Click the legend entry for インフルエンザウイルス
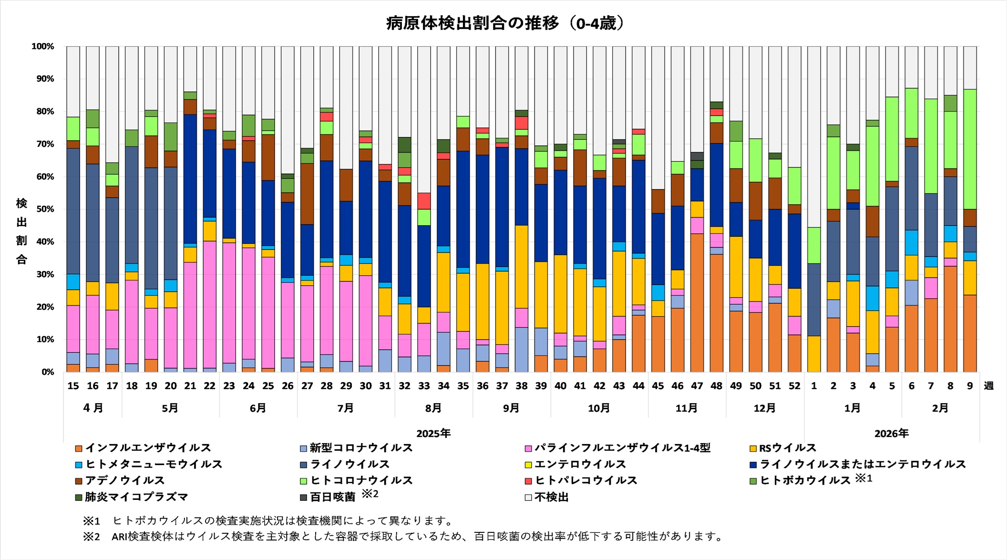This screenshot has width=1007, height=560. tap(148, 448)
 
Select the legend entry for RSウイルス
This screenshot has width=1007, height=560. tap(787, 448)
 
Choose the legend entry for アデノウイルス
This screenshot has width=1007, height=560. tap(124, 480)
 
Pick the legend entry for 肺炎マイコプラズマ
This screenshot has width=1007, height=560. tap(136, 497)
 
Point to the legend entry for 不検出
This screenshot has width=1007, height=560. tap(551, 497)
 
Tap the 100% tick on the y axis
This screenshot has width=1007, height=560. tap(43, 46)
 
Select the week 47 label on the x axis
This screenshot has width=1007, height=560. tap(697, 386)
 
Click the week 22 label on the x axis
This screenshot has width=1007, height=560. tap(209, 386)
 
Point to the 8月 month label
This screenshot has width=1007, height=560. tap(433, 408)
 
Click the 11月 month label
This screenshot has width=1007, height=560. tap(686, 408)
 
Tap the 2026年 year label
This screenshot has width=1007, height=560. tap(891, 434)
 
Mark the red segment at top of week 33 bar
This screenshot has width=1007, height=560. tap(424, 201)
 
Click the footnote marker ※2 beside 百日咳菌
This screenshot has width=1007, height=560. tap(370, 494)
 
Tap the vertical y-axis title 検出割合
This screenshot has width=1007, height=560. tap(21, 231)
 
